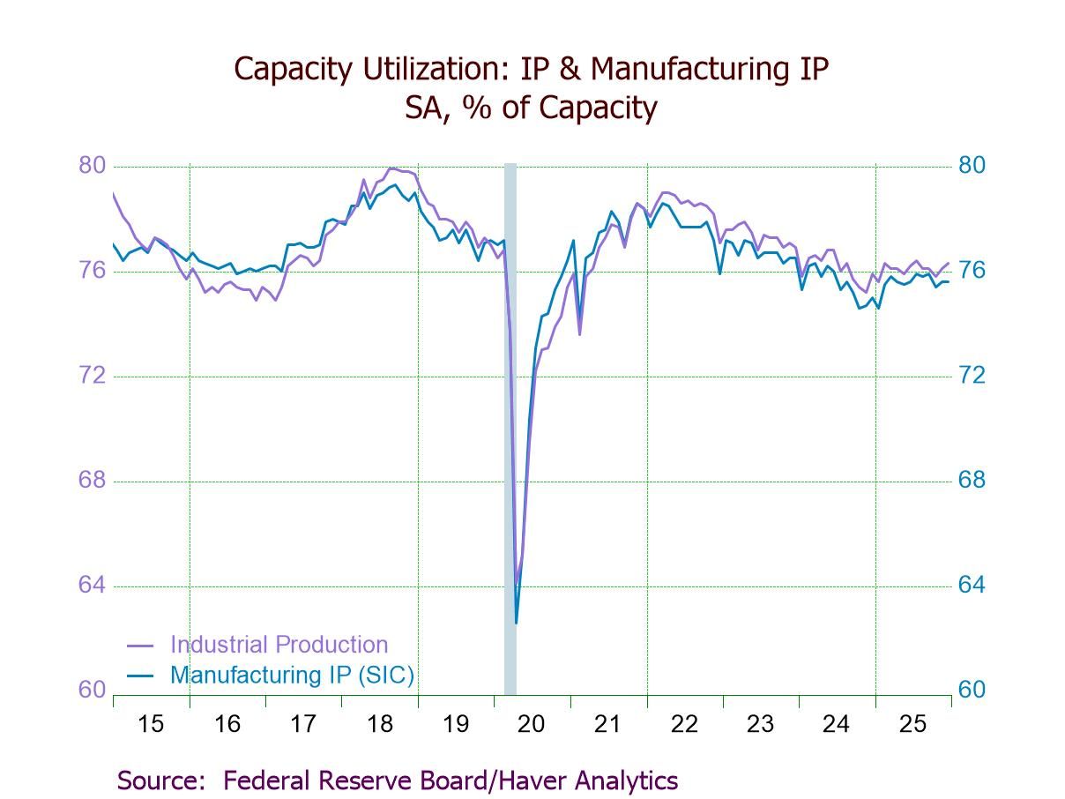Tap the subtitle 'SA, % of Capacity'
531,108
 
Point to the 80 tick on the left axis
93,166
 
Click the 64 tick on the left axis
93,586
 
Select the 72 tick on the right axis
972,376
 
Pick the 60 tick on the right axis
972,690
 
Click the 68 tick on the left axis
93,481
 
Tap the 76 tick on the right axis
972,271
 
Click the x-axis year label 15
151,724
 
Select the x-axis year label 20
532,724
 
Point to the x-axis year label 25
912,724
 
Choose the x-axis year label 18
379,724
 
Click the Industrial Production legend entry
279,645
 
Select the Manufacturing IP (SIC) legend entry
292,676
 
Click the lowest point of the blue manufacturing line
516,623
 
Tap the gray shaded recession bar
510,423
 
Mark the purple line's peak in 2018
391,168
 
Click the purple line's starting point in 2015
114,193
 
